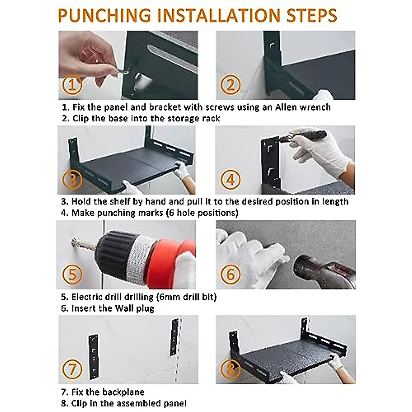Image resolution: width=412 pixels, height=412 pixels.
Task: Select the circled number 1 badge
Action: point(72,85)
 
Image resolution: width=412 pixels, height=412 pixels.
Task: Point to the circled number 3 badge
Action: point(72,180)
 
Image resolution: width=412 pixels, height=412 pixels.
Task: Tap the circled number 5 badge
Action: point(72,274)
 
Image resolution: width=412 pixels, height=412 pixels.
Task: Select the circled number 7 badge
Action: point(72,369)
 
